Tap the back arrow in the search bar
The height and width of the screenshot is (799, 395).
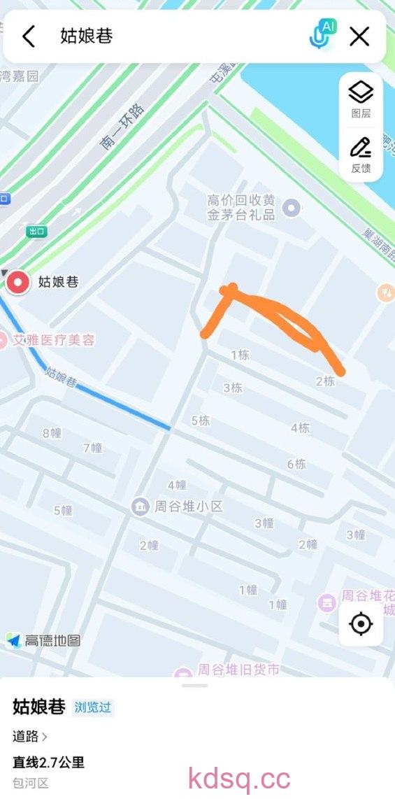point(29,36)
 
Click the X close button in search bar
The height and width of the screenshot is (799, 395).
point(359,36)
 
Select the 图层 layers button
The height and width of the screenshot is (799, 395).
point(361,99)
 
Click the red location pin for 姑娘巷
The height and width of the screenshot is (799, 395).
point(18,283)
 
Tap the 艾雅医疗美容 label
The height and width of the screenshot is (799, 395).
point(54,341)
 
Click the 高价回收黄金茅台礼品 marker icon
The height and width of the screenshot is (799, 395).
point(290,207)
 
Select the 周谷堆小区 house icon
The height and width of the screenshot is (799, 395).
point(140,506)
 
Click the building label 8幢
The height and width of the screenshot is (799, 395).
point(52,433)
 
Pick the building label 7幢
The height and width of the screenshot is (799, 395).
point(92,448)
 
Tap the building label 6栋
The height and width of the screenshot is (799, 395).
point(296,464)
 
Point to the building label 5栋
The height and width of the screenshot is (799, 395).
point(201,420)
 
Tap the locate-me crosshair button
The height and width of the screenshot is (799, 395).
point(361,623)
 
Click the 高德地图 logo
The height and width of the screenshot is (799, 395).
point(43,640)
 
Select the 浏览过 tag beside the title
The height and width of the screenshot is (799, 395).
point(94,707)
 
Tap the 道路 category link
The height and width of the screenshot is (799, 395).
point(30,736)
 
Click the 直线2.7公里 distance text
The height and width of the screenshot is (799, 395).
point(48,762)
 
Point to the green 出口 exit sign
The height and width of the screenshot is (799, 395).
point(36,232)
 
